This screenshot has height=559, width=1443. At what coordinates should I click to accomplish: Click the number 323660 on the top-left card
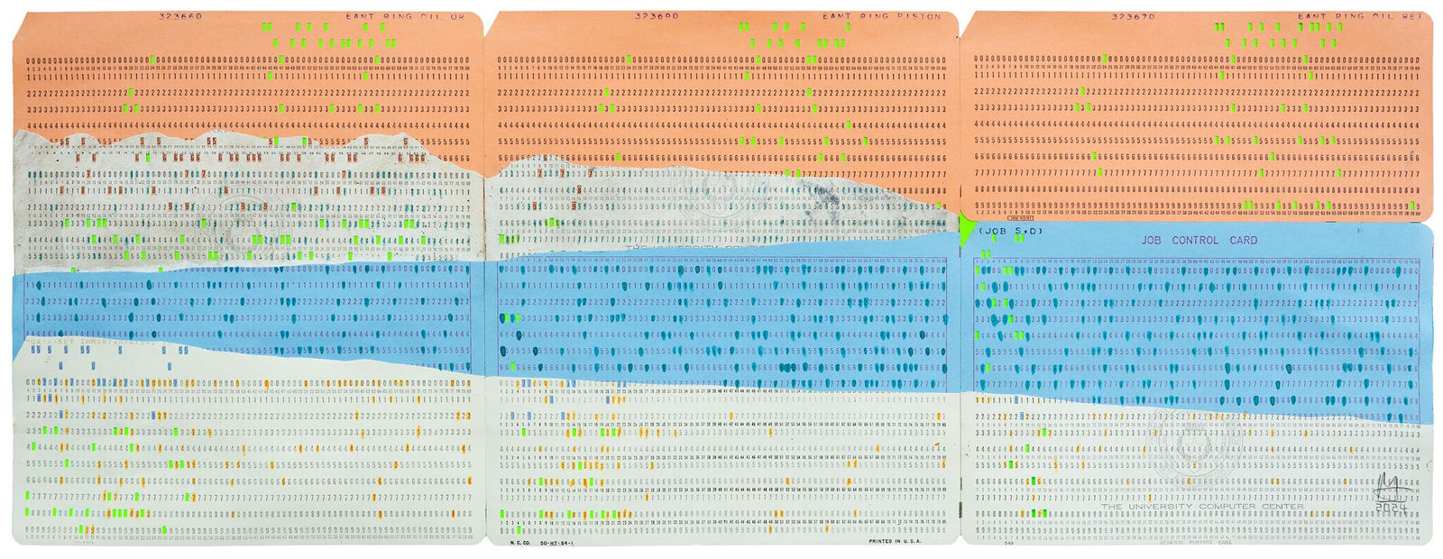(x=180, y=16)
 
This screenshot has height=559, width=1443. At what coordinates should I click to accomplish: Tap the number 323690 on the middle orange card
(x=657, y=16)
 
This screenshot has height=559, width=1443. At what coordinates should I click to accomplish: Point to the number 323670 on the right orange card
(x=1133, y=16)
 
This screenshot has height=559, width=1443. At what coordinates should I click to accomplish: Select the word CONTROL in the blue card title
(x=1195, y=241)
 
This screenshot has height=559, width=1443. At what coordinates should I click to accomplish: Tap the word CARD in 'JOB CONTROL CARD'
(x=1243, y=241)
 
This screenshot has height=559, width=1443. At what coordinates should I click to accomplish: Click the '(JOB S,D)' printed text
(x=1009, y=232)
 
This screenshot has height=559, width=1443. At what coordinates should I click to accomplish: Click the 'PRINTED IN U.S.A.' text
(x=894, y=542)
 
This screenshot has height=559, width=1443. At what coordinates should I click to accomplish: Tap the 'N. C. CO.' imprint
(x=519, y=543)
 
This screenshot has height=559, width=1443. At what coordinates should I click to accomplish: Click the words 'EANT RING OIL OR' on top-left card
(x=405, y=16)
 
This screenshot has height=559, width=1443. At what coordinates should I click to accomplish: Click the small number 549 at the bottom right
(x=1008, y=544)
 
